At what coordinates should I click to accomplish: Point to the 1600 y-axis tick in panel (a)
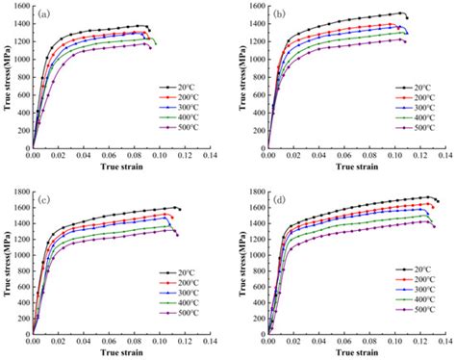[19, 6]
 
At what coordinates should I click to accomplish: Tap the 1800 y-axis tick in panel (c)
[19, 192]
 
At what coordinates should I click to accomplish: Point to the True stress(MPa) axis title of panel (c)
[6, 263]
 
